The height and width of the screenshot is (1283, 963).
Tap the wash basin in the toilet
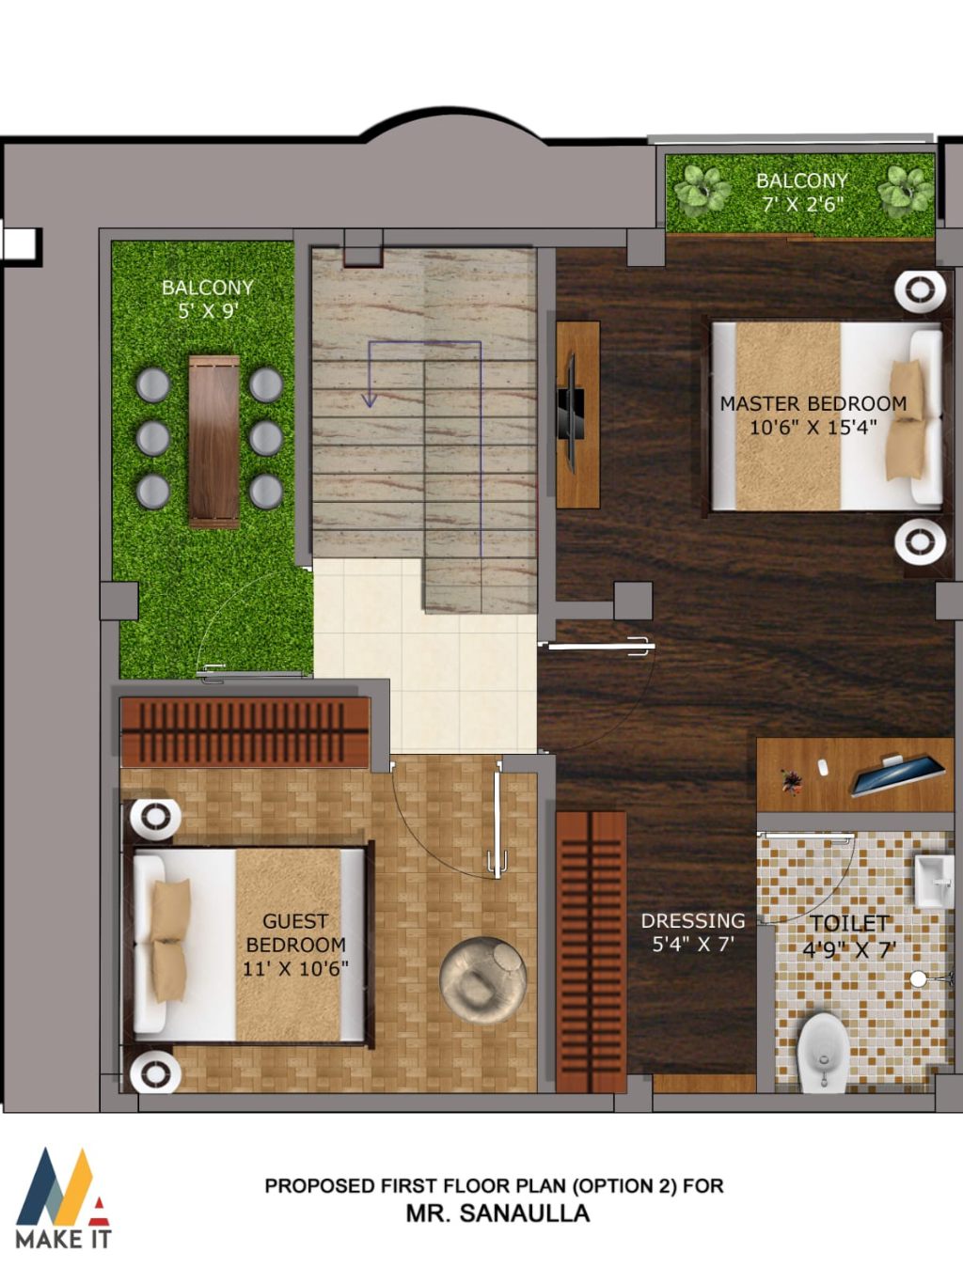(934, 882)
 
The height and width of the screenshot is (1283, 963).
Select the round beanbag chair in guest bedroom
(483, 980)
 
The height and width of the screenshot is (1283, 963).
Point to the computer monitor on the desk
(896, 775)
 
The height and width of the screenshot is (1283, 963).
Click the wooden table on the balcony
(214, 442)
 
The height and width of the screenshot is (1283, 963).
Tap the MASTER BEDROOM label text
(813, 403)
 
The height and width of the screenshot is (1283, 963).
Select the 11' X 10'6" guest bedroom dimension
(295, 968)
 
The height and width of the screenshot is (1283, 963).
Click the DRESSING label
(693, 920)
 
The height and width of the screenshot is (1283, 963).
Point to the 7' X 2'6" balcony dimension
(803, 205)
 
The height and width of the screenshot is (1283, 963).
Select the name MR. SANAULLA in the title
(497, 1213)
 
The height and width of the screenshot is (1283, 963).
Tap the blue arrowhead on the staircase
(369, 399)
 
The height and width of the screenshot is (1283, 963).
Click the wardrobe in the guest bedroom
(245, 732)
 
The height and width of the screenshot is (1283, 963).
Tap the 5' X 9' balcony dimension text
(207, 310)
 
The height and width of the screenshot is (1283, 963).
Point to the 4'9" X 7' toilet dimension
(849, 949)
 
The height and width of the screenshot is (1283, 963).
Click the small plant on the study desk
(791, 781)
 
